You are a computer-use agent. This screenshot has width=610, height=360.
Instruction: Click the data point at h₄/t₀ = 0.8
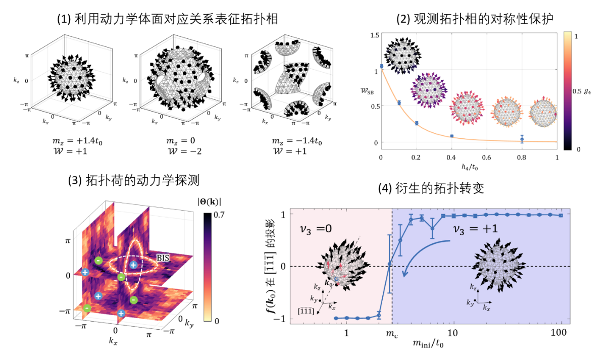(x=522, y=139)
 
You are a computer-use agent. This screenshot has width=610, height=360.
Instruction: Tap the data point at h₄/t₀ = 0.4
(x=452, y=136)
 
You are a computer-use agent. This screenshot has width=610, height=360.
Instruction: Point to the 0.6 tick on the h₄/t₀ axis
(x=487, y=158)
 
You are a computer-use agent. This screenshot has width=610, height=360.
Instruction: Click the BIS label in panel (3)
(x=162, y=258)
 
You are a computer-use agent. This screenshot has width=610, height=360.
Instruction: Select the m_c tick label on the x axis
(x=391, y=334)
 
